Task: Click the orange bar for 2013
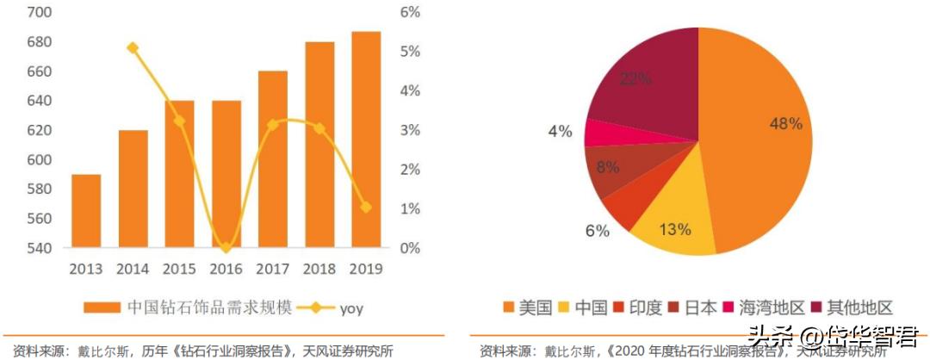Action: tap(86, 211)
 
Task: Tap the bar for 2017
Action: tap(272, 159)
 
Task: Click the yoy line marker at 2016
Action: tap(226, 248)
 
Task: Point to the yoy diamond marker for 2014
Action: tap(133, 48)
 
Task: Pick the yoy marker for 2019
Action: tap(365, 208)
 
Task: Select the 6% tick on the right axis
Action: tap(409, 13)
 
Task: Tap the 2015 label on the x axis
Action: tap(179, 267)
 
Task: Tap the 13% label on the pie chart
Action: tap(675, 229)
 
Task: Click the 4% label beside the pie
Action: tap(560, 132)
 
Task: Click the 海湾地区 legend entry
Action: tap(763, 307)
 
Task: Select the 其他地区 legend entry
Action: tap(852, 307)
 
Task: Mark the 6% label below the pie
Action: tap(596, 231)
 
